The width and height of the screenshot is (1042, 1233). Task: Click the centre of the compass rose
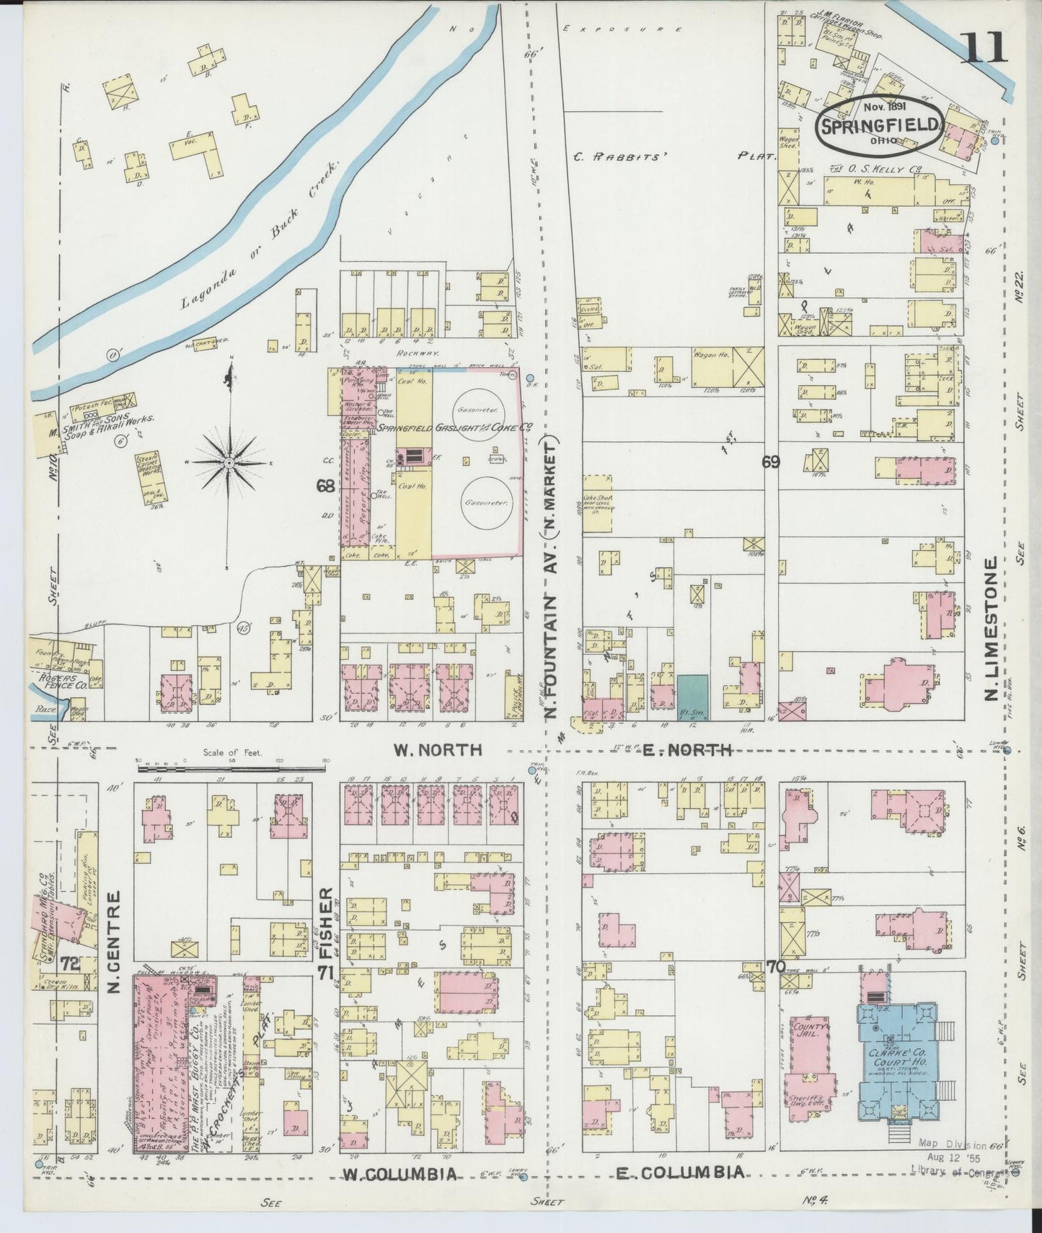click(229, 462)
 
